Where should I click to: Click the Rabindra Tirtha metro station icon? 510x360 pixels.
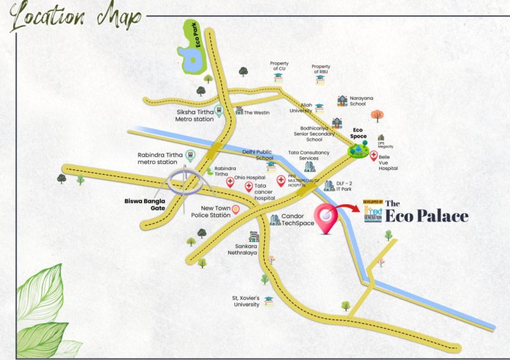(x=191, y=156)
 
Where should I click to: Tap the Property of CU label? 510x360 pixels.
(x=278, y=65)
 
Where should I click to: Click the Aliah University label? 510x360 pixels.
(x=301, y=110)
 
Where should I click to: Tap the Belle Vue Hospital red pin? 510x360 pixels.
(x=374, y=156)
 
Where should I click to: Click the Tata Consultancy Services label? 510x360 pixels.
(x=308, y=156)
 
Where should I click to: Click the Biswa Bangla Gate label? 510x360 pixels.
(x=147, y=204)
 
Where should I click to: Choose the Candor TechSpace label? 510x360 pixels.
(x=297, y=220)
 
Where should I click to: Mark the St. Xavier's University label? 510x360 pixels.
(x=245, y=301)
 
